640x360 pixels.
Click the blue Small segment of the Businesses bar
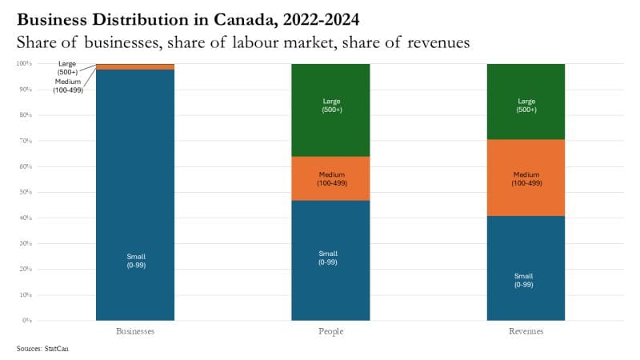click(134, 200)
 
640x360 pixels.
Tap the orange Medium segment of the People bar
click(330, 178)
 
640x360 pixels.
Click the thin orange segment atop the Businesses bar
click(134, 67)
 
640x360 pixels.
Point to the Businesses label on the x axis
click(134, 330)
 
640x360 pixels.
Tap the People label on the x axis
click(330, 330)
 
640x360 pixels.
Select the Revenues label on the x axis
click(526, 330)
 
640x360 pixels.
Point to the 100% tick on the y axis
click(23, 63)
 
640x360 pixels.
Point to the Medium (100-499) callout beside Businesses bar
click(67, 86)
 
